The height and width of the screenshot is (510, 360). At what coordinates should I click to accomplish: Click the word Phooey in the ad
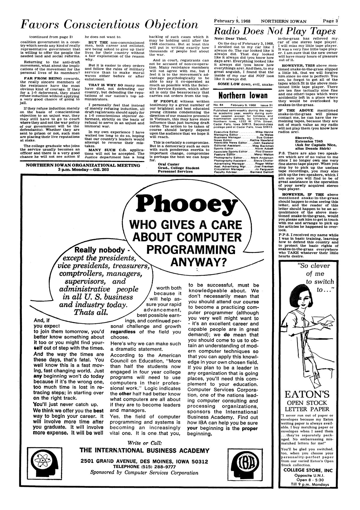click(185, 205)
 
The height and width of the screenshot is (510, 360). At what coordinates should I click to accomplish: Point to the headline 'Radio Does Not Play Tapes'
click(274, 31)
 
